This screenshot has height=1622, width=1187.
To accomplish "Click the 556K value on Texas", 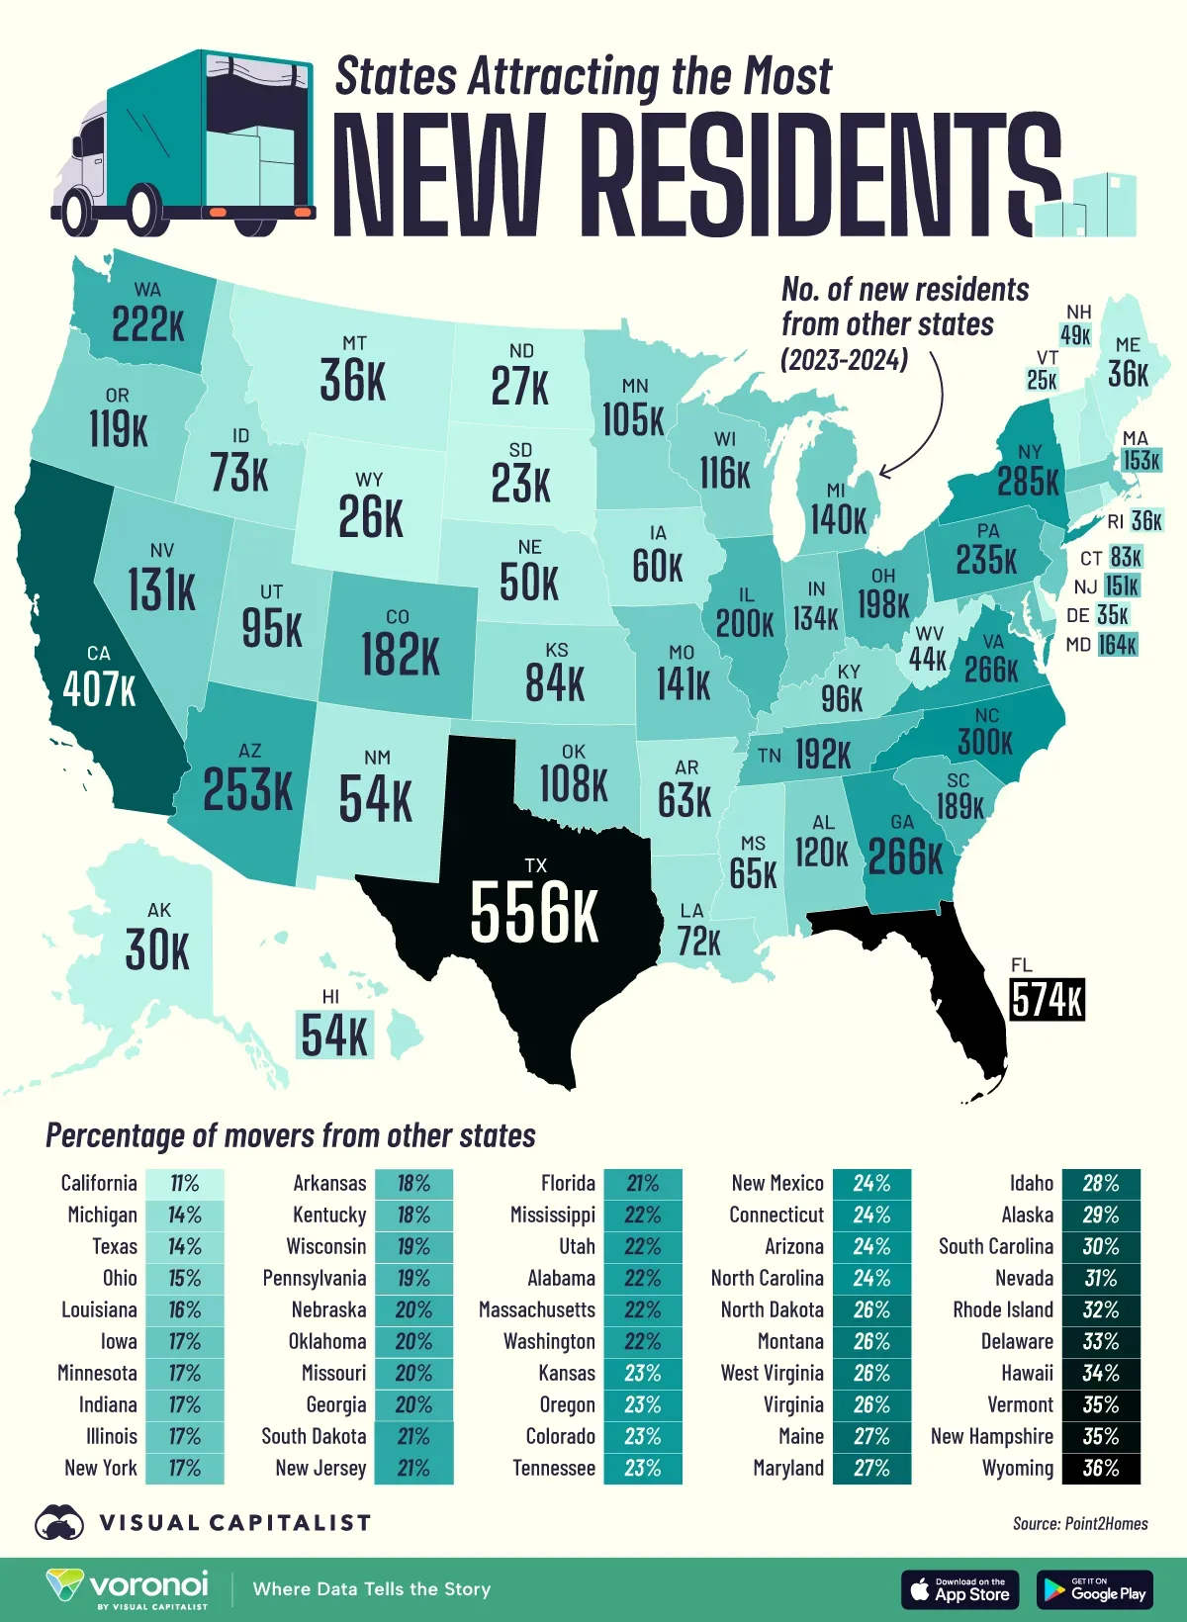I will (534, 912).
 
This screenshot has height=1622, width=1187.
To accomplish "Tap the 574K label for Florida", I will (1048, 999).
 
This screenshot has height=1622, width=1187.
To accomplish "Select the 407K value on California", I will (99, 689).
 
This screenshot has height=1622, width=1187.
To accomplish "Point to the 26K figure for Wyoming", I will (370, 516).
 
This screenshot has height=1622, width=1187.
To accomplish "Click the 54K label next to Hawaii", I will (334, 1036).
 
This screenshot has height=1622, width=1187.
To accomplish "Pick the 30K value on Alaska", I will (158, 950).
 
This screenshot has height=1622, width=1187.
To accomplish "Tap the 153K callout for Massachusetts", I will (1141, 461).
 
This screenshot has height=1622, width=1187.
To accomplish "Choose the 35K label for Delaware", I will (1113, 615).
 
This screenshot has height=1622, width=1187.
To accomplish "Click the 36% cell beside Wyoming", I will (1100, 1469).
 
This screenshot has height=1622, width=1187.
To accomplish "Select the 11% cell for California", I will (184, 1184).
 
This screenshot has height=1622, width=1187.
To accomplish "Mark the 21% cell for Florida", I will (642, 1184).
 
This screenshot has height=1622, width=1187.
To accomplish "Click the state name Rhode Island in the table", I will (1002, 1310).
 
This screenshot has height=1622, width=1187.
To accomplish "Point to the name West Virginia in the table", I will (772, 1374).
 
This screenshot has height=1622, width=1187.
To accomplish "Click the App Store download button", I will (959, 1589).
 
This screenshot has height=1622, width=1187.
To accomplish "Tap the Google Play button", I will (1095, 1589).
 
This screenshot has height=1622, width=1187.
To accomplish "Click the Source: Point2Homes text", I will (1080, 1524).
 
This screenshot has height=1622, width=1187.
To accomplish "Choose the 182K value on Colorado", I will (400, 655).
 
